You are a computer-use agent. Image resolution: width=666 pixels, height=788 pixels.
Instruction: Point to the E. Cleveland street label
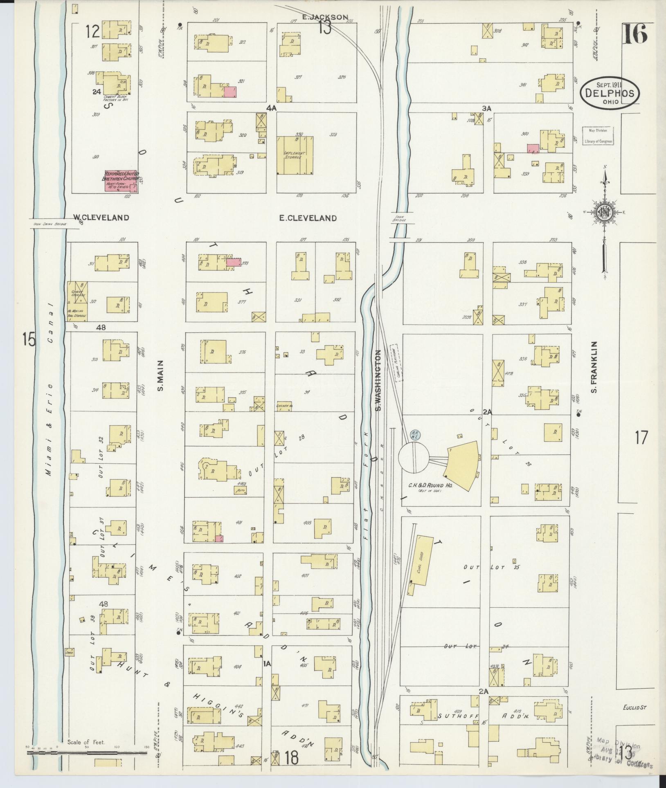[308, 218]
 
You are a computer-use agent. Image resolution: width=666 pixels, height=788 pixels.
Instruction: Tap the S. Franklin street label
[594, 368]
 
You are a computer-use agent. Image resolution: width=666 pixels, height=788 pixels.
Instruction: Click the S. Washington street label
[378, 380]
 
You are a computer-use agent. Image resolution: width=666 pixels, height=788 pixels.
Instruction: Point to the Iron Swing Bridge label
[47, 224]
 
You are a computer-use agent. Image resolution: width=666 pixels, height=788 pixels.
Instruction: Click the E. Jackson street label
[325, 17]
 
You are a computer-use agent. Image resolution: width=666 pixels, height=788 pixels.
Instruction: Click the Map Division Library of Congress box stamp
[598, 135]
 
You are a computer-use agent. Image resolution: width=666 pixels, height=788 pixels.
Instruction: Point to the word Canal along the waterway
[51, 331]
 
